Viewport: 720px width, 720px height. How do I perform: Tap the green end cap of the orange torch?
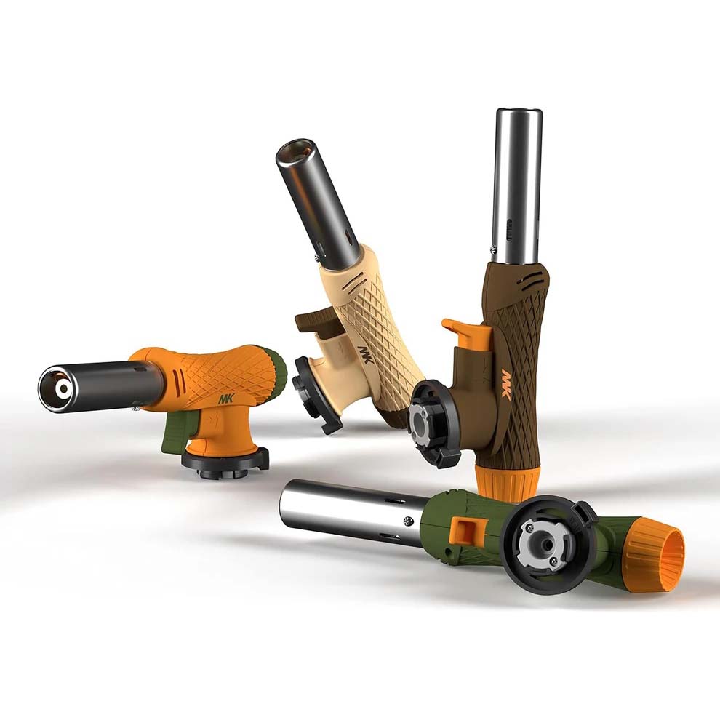(x=277, y=372)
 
